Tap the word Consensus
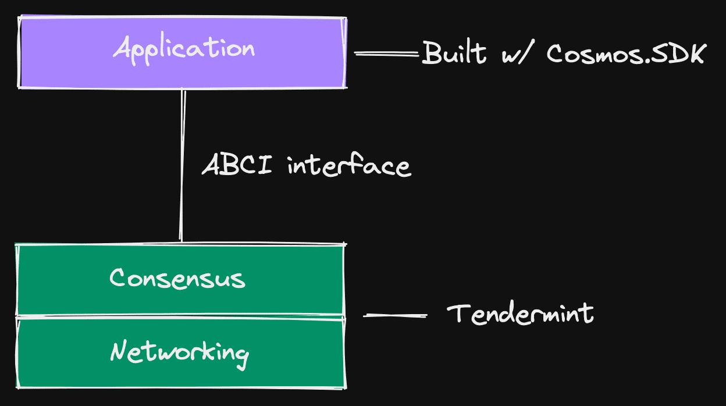tap(177, 278)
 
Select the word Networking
tap(180, 352)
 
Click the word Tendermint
tap(521, 314)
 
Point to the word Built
tap(454, 53)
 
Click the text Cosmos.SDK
tap(626, 54)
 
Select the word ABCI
tap(236, 165)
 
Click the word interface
tap(349, 166)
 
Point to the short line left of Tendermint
tap(395, 315)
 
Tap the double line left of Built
tap(386, 54)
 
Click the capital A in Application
tap(121, 47)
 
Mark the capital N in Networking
tap(119, 351)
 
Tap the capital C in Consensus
tap(118, 277)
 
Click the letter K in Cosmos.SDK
tap(695, 54)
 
